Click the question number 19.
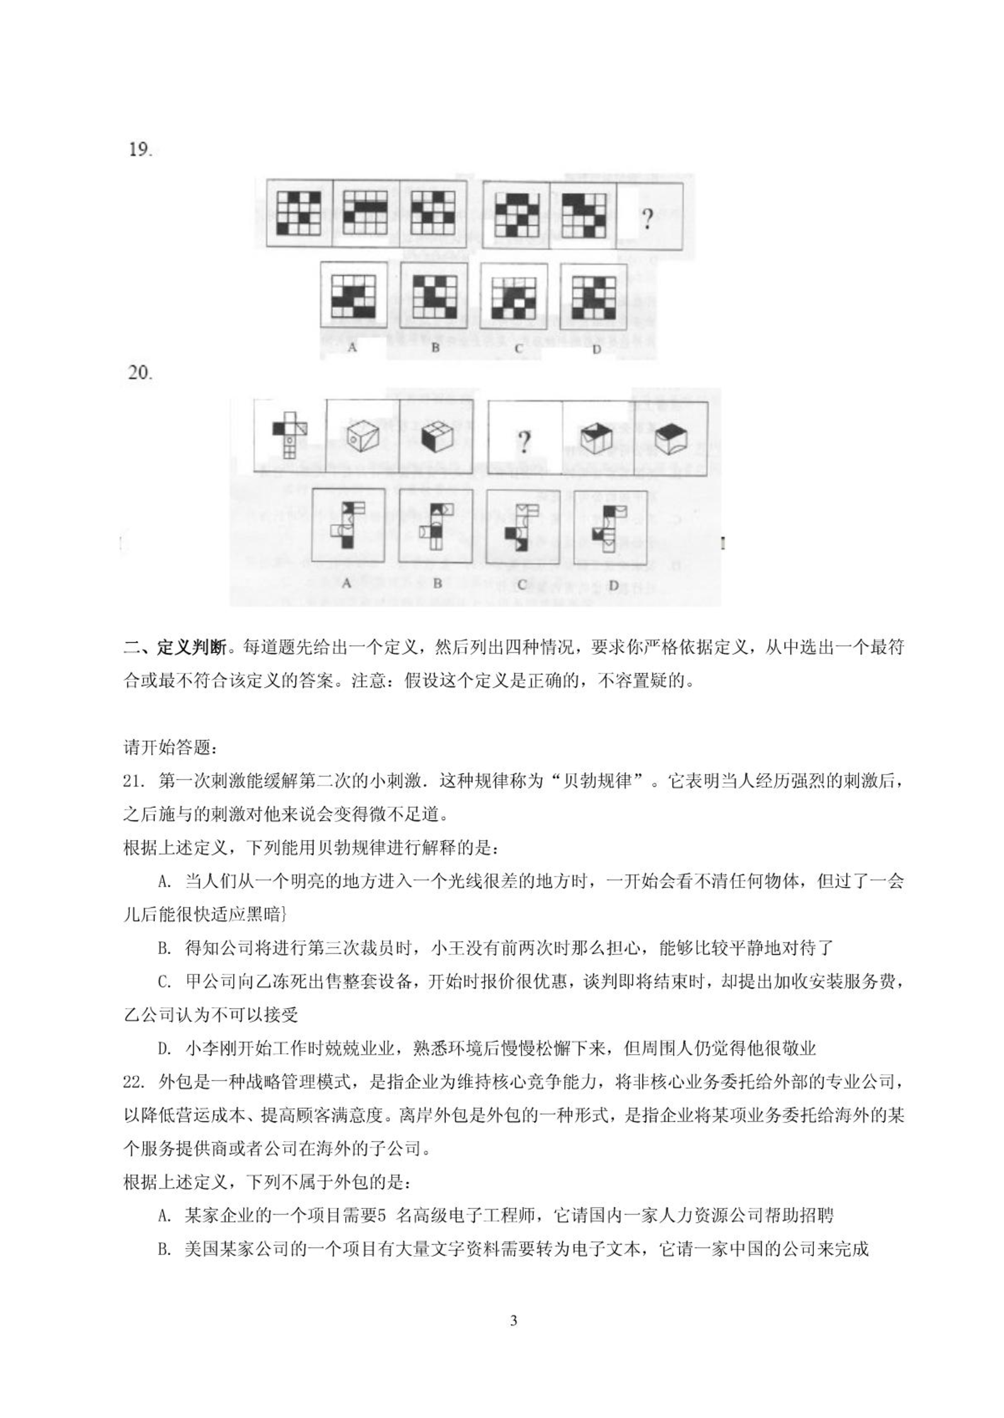click(140, 150)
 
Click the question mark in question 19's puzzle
click(647, 219)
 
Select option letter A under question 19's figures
click(352, 347)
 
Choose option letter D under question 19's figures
click(596, 348)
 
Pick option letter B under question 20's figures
click(437, 584)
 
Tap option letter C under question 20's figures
click(522, 585)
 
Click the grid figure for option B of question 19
click(434, 295)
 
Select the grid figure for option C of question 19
click(514, 296)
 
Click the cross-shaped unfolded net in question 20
click(290, 434)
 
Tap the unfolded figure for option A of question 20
click(348, 525)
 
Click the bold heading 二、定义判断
click(174, 647)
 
